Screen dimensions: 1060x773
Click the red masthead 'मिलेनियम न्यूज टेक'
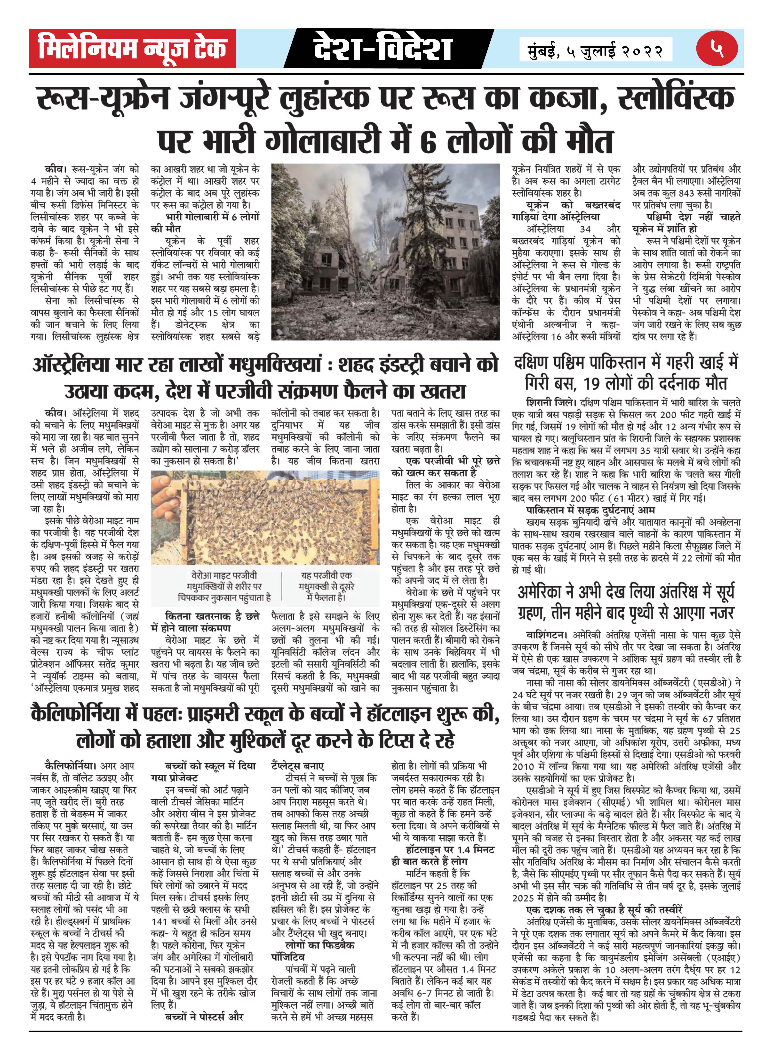pyautogui.click(x=132, y=49)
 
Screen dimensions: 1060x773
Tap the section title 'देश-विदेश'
pyautogui.click(x=383, y=49)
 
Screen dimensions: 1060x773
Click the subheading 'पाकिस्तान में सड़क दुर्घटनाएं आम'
pyautogui.click(x=590, y=510)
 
